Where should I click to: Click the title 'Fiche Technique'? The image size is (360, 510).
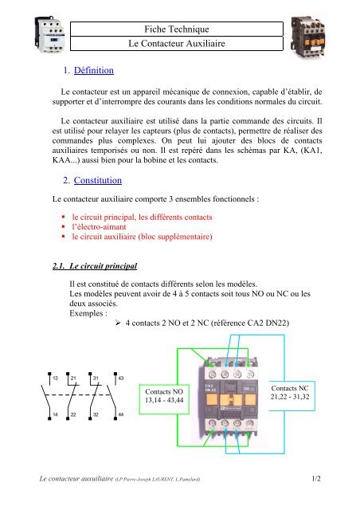click(179, 29)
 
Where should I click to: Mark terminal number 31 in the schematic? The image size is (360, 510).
click(96, 376)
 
